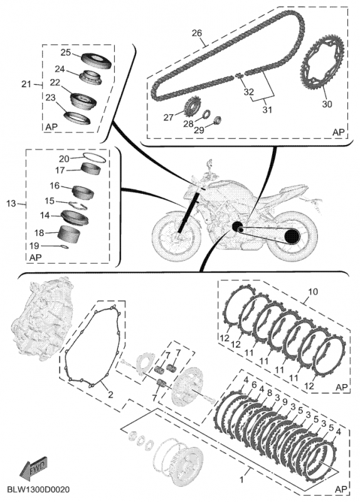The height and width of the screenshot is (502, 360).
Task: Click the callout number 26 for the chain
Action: pyautogui.click(x=197, y=33)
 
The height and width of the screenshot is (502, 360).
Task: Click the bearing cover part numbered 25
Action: pyautogui.click(x=96, y=60)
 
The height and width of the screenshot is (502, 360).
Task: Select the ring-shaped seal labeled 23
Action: pyautogui.click(x=77, y=117)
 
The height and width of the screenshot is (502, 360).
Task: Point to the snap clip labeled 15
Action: pyautogui.click(x=78, y=205)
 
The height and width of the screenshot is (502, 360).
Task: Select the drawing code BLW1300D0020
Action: pyautogui.click(x=38, y=489)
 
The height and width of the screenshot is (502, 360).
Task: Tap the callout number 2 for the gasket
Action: pyautogui.click(x=110, y=395)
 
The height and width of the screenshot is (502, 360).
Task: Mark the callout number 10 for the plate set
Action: pyautogui.click(x=314, y=292)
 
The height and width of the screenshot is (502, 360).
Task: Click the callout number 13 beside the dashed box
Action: pyautogui.click(x=11, y=203)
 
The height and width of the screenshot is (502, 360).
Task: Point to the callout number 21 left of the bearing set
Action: pyautogui.click(x=26, y=84)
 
